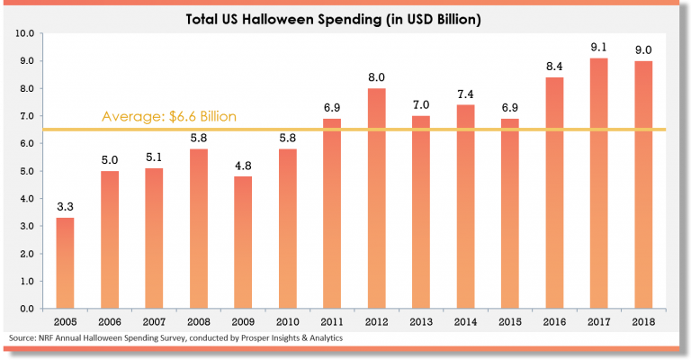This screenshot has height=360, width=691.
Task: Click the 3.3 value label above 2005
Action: coord(65,208)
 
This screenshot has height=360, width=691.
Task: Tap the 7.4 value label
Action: coord(466,94)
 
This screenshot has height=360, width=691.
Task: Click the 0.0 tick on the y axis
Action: coord(26,309)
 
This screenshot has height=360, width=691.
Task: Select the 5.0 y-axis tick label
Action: coord(26,171)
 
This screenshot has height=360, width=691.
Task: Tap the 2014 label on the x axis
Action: coord(466,321)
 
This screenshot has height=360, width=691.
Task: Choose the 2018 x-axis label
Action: coord(643,321)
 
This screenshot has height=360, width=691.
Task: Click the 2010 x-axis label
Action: coord(288,321)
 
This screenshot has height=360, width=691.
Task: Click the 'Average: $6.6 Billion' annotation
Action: coord(168,117)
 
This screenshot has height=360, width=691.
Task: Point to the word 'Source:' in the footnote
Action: coord(23,338)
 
